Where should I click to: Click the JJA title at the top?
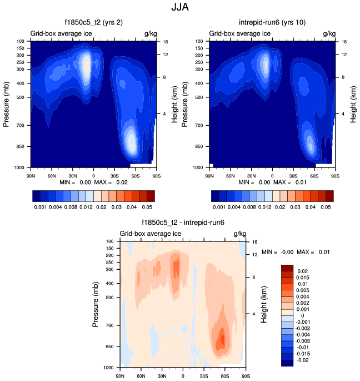(179, 8)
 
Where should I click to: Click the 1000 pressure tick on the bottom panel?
(109, 368)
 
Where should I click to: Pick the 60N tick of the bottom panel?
(141, 375)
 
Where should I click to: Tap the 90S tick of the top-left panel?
(157, 175)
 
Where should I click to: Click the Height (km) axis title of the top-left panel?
(174, 104)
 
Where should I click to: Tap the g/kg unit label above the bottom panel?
(239, 234)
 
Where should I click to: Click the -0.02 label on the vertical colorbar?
(303, 360)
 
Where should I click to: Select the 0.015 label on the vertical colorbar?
(303, 277)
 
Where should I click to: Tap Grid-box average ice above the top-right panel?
(240, 33)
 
